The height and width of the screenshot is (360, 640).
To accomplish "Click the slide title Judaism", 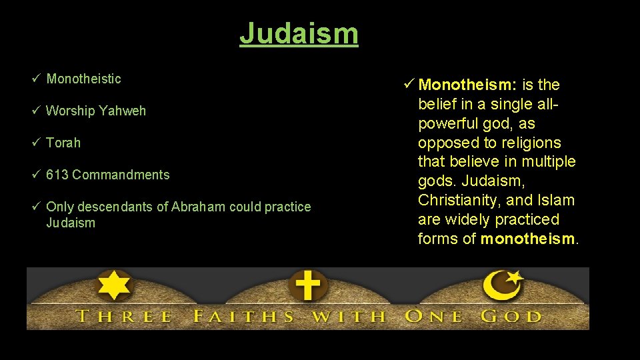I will point(299,33).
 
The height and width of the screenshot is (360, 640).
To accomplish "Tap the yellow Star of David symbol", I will point(114,285).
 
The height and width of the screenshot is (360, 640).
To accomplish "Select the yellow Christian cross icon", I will point(308,285).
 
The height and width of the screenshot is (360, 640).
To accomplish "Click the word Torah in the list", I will point(63,143).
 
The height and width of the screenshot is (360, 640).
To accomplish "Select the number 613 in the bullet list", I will point(57,175).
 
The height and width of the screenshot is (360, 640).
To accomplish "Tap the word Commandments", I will point(121,175).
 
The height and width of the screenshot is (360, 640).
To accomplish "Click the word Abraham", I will point(198,207).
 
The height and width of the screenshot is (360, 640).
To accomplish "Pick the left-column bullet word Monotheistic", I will point(83,79).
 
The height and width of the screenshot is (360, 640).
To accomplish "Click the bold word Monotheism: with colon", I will point(467,85).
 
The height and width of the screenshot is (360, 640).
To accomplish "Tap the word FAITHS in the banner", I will point(243,315).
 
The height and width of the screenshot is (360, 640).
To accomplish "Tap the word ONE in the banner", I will point(433,315).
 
